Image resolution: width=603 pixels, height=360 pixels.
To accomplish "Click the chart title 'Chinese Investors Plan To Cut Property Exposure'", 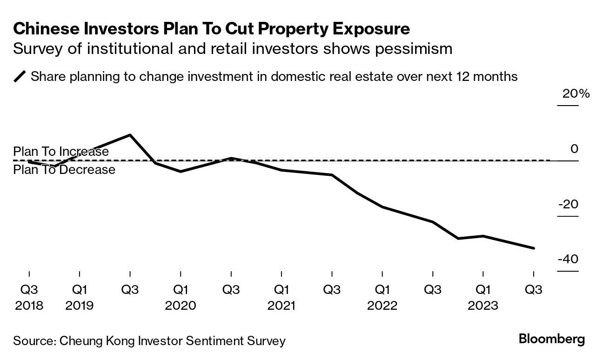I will (211, 29).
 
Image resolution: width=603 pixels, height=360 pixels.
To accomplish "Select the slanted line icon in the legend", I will (20, 76).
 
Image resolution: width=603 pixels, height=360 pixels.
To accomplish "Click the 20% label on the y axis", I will (576, 94).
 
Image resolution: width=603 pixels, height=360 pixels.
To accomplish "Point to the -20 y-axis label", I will (568, 204).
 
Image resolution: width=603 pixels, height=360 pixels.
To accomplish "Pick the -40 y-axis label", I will (568, 259).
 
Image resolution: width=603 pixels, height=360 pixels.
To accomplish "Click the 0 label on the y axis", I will (574, 149).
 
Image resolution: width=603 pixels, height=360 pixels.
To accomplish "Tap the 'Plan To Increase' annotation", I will (61, 152).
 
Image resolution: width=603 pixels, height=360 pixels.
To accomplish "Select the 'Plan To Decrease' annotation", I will (64, 170).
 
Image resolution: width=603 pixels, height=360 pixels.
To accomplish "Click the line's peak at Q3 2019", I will (130, 135).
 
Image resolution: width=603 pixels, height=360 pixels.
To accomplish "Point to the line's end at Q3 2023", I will (534, 248).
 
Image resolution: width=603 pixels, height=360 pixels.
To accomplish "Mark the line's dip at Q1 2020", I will (181, 172).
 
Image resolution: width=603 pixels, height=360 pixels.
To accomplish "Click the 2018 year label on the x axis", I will (29, 306).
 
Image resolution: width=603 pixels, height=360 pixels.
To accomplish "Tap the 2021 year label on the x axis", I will (281, 306).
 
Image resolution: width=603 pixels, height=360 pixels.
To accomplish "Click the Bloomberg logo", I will (552, 339).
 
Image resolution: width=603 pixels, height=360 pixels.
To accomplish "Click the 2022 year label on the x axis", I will (382, 306).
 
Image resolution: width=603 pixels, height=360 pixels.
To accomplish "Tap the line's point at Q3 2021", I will (332, 175).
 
